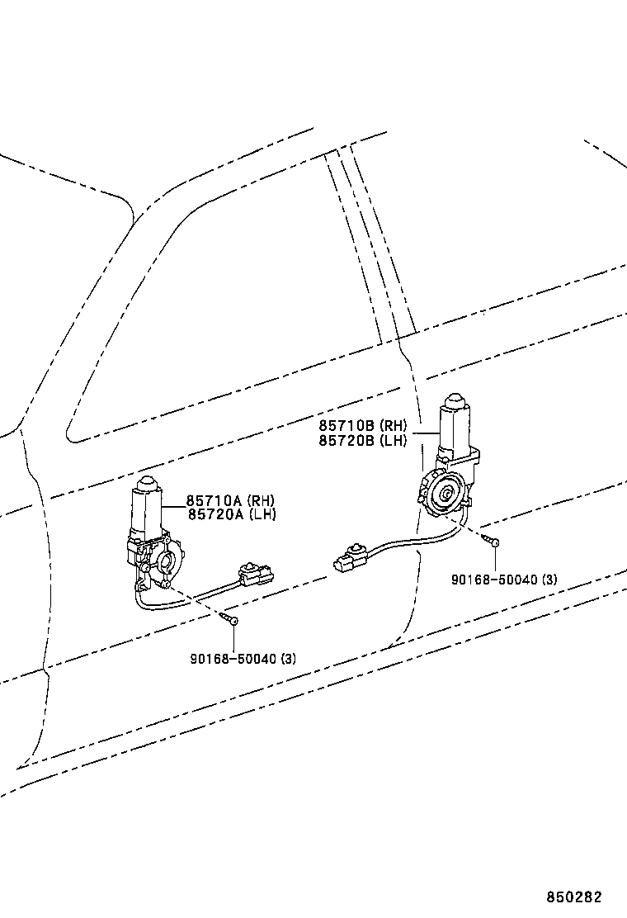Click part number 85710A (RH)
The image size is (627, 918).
(x=230, y=500)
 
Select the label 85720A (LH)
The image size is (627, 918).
(x=232, y=514)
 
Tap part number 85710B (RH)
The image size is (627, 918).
(x=363, y=426)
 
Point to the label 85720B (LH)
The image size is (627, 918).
(x=363, y=440)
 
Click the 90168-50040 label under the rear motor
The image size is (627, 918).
(x=504, y=580)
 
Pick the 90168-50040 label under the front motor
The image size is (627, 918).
(x=243, y=659)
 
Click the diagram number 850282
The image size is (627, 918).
(x=573, y=897)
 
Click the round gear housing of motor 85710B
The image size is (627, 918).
(x=445, y=492)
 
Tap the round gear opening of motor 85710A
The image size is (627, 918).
(x=166, y=563)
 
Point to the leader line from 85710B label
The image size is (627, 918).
(x=426, y=433)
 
